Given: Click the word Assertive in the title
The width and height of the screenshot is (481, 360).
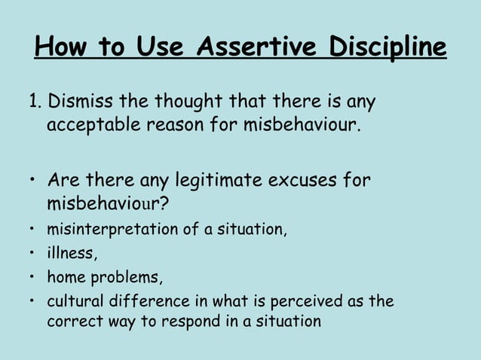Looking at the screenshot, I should coord(255,49).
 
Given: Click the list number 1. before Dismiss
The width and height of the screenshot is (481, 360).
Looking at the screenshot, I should coord(35,101).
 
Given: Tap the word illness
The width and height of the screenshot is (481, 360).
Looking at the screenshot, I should coord(67,253).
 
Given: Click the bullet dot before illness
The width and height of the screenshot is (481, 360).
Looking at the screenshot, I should coord(32,254).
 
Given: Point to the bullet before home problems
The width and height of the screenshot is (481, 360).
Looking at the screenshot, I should coord(32,277).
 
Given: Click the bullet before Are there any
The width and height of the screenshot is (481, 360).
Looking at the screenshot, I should coord(32,182).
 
